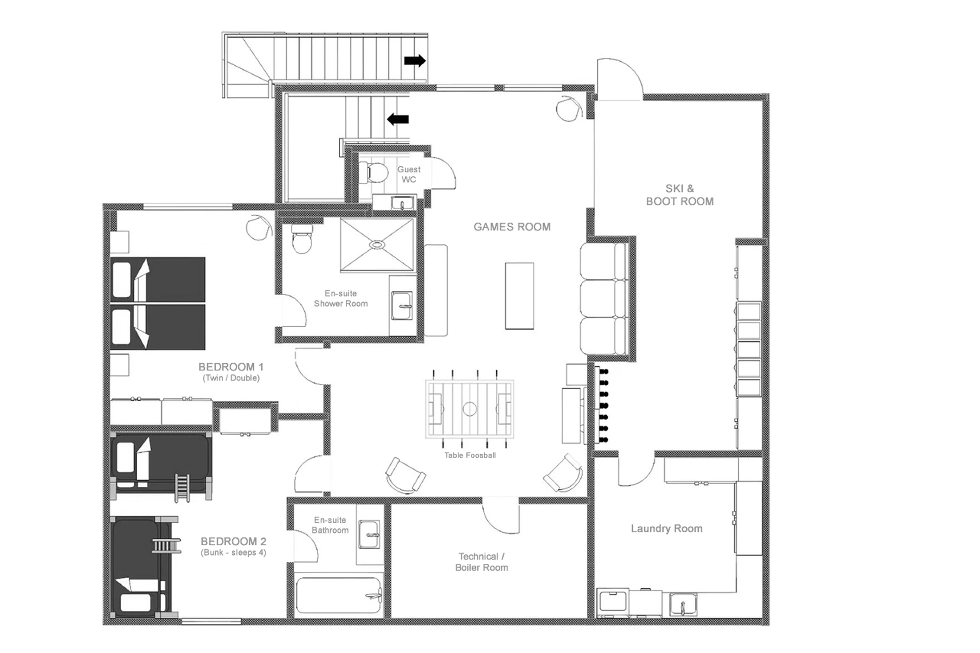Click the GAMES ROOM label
pyautogui.click(x=512, y=227)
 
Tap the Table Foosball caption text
pyautogui.click(x=470, y=455)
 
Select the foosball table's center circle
pyautogui.click(x=469, y=409)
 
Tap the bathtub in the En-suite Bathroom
pyautogui.click(x=339, y=595)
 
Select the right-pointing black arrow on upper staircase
pyautogui.click(x=415, y=61)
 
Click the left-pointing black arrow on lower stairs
pyautogui.click(x=398, y=119)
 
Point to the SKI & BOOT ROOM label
pyautogui.click(x=680, y=195)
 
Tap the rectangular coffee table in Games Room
pyautogui.click(x=519, y=296)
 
